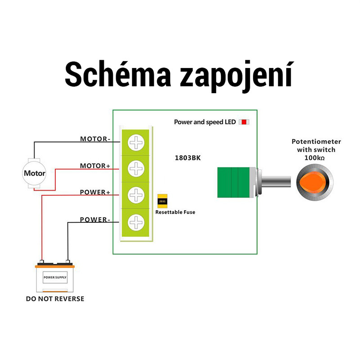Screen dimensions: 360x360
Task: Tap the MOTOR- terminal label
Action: click(x=95, y=139)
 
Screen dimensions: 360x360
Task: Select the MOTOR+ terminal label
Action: click(x=95, y=166)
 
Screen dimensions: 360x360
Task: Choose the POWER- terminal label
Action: click(x=95, y=220)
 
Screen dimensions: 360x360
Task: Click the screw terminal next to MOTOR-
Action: click(x=135, y=143)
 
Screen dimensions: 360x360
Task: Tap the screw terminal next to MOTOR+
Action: click(x=135, y=169)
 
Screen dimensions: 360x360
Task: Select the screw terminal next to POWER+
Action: click(x=135, y=195)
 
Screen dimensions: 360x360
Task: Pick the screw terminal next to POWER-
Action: click(x=135, y=221)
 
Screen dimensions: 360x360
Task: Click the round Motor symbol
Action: click(x=35, y=173)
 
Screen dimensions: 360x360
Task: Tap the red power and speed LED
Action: click(x=243, y=122)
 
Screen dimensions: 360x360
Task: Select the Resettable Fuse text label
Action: click(x=175, y=212)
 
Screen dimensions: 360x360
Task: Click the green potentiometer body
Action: click(x=233, y=182)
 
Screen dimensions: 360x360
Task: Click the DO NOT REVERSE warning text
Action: click(x=55, y=299)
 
